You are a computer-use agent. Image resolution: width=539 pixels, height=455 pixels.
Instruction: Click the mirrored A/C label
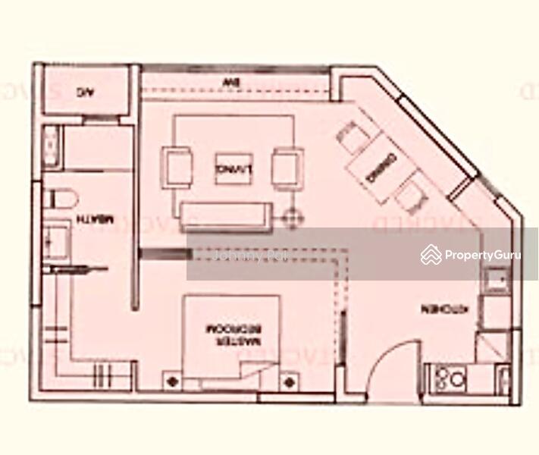click(84, 93)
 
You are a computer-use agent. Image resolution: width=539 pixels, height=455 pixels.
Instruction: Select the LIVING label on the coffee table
click(233, 168)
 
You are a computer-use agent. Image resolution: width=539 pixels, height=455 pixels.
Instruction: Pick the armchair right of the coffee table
click(288, 167)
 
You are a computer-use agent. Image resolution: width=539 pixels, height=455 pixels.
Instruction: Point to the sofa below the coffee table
click(226, 215)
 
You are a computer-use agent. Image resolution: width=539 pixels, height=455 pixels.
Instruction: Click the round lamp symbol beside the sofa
click(292, 219)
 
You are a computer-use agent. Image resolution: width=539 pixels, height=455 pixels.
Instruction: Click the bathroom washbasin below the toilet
click(56, 241)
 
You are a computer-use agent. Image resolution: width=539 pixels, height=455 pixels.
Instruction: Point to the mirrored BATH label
click(96, 220)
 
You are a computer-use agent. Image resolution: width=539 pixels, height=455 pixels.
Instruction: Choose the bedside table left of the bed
click(173, 380)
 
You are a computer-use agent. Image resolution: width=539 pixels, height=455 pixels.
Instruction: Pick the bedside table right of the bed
click(289, 381)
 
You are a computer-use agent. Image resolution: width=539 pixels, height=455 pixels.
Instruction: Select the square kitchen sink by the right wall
click(498, 282)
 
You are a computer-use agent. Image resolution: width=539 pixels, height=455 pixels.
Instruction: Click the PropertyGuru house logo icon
click(431, 255)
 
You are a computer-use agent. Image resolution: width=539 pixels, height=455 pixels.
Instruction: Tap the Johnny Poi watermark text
click(249, 256)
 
